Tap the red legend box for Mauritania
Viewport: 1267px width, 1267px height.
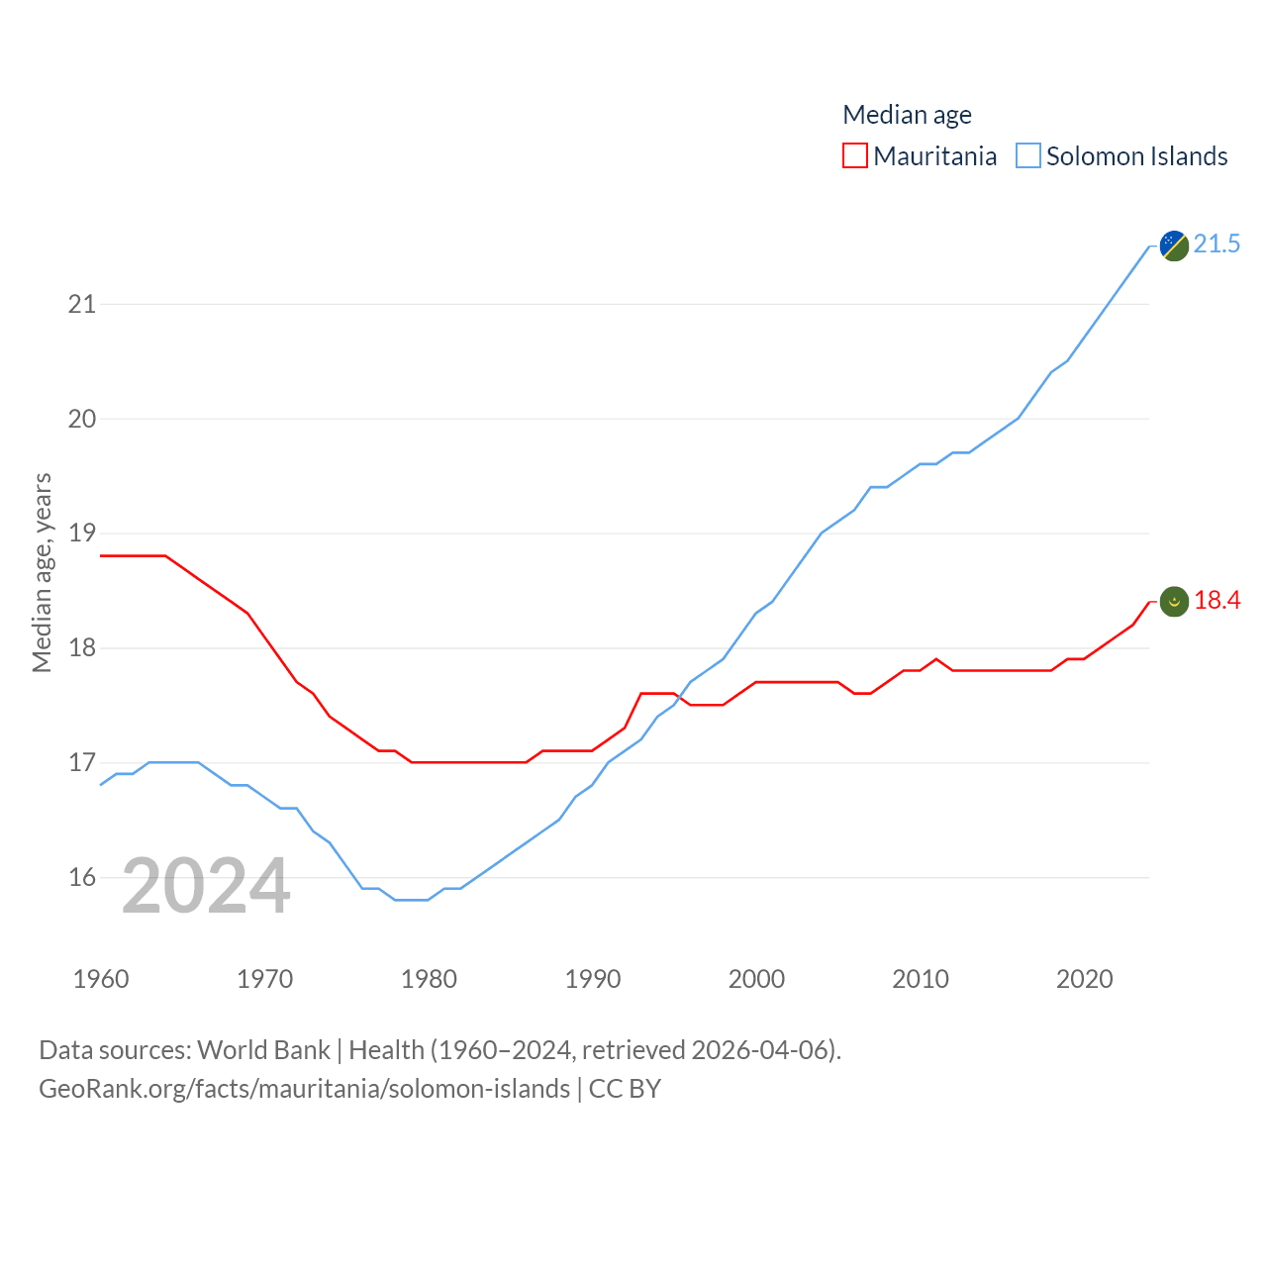(x=855, y=156)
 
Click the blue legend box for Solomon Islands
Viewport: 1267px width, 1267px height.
(x=1028, y=156)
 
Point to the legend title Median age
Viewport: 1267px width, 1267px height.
(x=907, y=115)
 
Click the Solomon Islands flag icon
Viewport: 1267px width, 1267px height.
(x=1174, y=244)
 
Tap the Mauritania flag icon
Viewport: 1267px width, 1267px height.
(x=1174, y=601)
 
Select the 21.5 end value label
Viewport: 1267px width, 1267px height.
(x=1217, y=244)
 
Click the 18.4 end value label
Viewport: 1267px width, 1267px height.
(x=1217, y=600)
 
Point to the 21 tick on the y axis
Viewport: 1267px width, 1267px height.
(x=82, y=304)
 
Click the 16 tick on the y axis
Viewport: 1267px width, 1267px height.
(x=82, y=877)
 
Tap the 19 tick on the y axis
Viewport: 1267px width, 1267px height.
(x=82, y=534)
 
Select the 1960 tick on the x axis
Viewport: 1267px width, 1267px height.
(x=101, y=979)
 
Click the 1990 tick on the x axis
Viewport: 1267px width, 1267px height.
(x=593, y=979)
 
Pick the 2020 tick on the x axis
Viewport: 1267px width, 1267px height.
(x=1085, y=979)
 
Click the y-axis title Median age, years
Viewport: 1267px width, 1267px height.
(x=42, y=572)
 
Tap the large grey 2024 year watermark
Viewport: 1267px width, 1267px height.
(x=206, y=886)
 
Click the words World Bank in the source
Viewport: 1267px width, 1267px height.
(x=263, y=1049)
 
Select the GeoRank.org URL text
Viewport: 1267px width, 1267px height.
(x=304, y=1089)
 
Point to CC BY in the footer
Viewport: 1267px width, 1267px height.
(x=625, y=1089)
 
